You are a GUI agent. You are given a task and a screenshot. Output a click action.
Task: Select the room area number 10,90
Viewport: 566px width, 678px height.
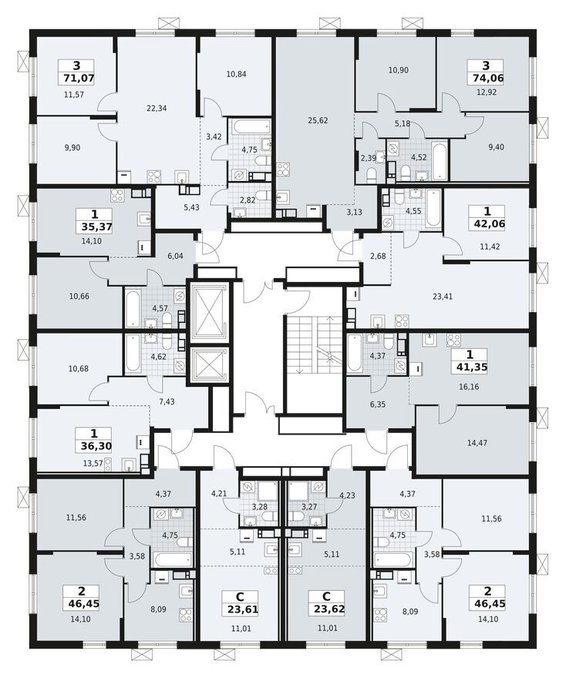pyautogui.click(x=398, y=70)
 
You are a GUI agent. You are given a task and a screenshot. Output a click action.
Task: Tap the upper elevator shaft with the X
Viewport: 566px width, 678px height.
pyautogui.click(x=208, y=312)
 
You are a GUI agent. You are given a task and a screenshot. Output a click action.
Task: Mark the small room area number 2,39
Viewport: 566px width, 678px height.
pyautogui.click(x=368, y=159)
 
